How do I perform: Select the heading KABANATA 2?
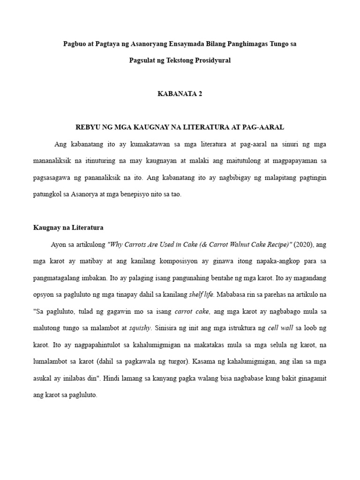180,93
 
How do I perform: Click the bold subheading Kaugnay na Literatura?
68,227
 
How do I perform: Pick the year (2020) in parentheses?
304,244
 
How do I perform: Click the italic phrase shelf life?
202,295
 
